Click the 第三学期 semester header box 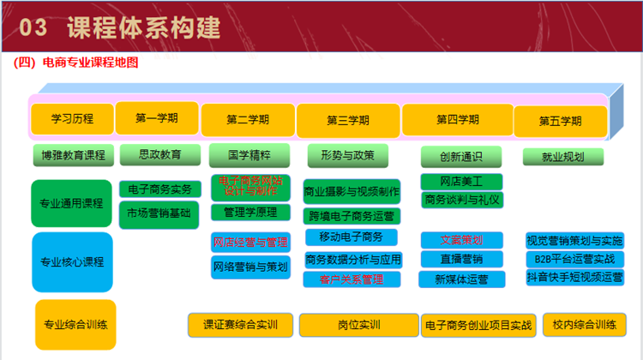[x=348, y=120]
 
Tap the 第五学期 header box [x=560, y=121]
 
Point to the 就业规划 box [x=563, y=157]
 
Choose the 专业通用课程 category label [x=72, y=204]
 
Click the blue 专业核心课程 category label [x=72, y=261]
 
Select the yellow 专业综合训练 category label [x=75, y=325]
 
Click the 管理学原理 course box [x=250, y=212]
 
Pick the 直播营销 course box [x=461, y=259]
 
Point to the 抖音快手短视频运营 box [x=575, y=277]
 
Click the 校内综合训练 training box [x=584, y=325]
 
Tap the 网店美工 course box [x=461, y=182]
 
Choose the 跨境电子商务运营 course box [x=352, y=216]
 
